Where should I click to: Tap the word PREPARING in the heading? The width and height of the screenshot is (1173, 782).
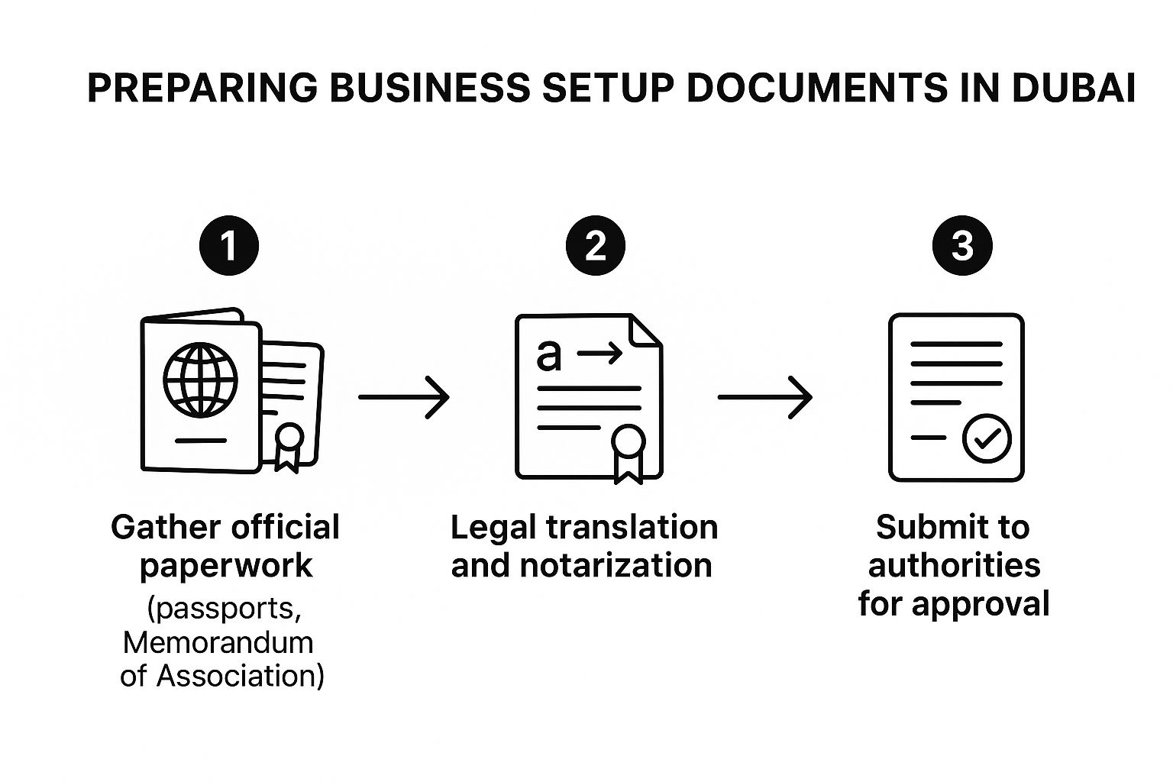[x=202, y=88]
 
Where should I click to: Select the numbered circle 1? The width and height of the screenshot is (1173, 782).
[x=228, y=246]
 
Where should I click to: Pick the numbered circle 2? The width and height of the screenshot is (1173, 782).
[x=595, y=246]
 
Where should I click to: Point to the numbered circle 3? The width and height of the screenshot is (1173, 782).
[x=962, y=246]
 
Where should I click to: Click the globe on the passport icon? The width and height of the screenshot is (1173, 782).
[x=200, y=380]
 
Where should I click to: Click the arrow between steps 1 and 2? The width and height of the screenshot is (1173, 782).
[x=404, y=397]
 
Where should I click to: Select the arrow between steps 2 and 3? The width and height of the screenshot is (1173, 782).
[x=765, y=397]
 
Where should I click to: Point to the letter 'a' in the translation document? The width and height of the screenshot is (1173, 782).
[x=548, y=354]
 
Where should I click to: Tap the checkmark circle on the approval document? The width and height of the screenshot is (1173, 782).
[x=987, y=438]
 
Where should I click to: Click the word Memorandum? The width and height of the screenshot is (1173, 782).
[x=218, y=642]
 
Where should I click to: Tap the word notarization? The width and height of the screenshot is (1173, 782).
[x=616, y=566]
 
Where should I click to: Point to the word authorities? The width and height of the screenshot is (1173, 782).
[x=954, y=566]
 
